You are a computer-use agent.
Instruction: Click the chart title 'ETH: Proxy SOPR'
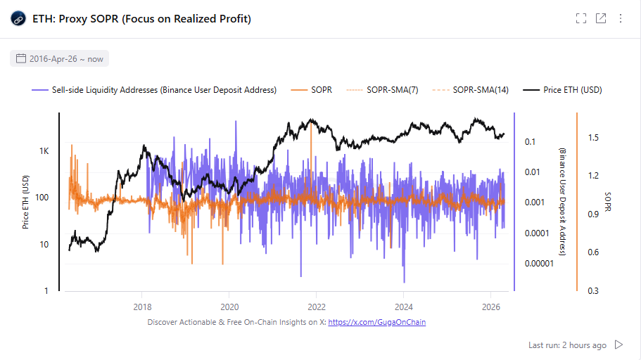coord(141,19)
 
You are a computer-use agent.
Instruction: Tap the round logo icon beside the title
coord(18,19)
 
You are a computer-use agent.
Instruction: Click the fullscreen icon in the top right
coord(581,19)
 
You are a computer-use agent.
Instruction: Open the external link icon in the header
coord(601,19)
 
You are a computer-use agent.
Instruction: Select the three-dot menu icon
coord(621,19)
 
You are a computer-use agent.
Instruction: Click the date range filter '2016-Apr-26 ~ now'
coord(60,59)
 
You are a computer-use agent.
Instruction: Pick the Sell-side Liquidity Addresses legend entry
coord(154,90)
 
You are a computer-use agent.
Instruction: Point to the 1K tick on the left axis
coord(44,151)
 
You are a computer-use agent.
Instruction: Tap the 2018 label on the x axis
coord(142,307)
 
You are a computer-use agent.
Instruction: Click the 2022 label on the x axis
coord(316,307)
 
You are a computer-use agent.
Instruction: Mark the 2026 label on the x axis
coord(490,307)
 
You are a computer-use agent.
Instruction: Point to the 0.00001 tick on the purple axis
coord(539,264)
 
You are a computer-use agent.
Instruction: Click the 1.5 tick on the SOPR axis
coord(593,138)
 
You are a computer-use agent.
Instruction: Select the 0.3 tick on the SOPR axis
coord(593,290)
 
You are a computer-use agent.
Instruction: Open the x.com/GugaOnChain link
coord(376,322)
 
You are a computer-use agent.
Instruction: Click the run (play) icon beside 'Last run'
coord(619,345)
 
